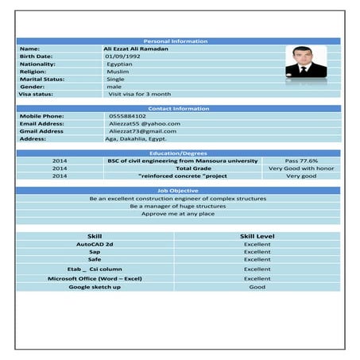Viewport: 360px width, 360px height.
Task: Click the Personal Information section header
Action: [178, 41]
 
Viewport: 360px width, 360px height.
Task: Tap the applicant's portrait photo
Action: [306, 62]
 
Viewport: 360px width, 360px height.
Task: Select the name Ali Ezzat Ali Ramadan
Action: [136, 48]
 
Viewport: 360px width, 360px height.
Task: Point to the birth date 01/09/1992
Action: [123, 56]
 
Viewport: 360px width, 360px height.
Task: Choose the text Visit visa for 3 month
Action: [139, 94]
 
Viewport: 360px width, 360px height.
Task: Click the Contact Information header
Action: [178, 108]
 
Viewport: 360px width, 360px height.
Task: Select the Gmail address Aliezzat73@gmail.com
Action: [142, 131]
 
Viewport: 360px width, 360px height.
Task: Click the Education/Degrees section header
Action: [178, 153]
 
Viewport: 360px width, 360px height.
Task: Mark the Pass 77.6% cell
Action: [301, 161]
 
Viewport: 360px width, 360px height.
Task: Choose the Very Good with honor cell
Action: [301, 168]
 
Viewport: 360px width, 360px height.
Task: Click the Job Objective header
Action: [178, 191]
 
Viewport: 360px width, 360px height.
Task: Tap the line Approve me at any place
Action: [178, 214]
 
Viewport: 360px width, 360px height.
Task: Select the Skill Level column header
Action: [257, 236]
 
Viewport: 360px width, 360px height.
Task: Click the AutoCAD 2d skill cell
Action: [95, 244]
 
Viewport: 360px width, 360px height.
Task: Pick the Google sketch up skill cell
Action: [95, 287]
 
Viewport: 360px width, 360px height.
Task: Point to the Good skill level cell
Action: [257, 287]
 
